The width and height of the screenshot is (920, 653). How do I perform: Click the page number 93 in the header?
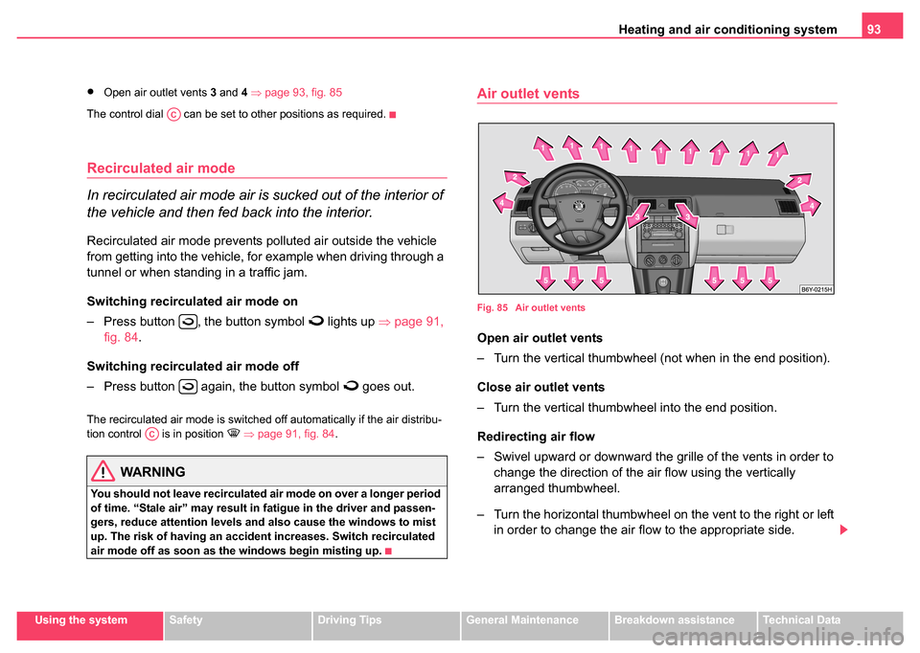pyautogui.click(x=874, y=30)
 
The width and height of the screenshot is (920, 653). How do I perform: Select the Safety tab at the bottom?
pyautogui.click(x=185, y=620)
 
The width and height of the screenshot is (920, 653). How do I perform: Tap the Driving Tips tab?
pyautogui.click(x=349, y=620)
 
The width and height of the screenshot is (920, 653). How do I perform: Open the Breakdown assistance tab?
pyautogui.click(x=674, y=620)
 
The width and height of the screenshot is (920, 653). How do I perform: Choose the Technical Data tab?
pyautogui.click(x=801, y=620)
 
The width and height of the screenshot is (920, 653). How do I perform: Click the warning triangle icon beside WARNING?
pyautogui.click(x=103, y=471)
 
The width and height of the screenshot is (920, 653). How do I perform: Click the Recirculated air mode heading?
pyautogui.click(x=161, y=169)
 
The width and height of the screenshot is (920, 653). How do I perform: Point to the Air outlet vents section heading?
pyautogui.click(x=528, y=94)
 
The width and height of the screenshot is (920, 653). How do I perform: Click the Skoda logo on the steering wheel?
pyautogui.click(x=579, y=207)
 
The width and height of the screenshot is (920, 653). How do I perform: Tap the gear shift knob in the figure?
pyautogui.click(x=662, y=283)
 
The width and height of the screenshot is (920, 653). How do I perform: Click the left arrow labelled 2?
pyautogui.click(x=517, y=177)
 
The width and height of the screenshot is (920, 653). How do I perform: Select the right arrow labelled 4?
pyautogui.click(x=811, y=206)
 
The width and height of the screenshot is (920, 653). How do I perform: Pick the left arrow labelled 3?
pyautogui.click(x=641, y=214)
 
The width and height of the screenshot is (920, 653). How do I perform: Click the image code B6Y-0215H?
pyautogui.click(x=816, y=289)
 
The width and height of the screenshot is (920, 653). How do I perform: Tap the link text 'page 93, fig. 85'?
pyautogui.click(x=304, y=93)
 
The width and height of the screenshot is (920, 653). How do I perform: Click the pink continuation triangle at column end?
pyautogui.click(x=843, y=529)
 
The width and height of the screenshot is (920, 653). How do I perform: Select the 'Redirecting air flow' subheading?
pyautogui.click(x=536, y=437)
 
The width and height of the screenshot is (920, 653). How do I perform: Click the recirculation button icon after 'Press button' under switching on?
pyautogui.click(x=189, y=322)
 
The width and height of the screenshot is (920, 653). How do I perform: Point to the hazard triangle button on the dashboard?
pyautogui.click(x=662, y=206)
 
